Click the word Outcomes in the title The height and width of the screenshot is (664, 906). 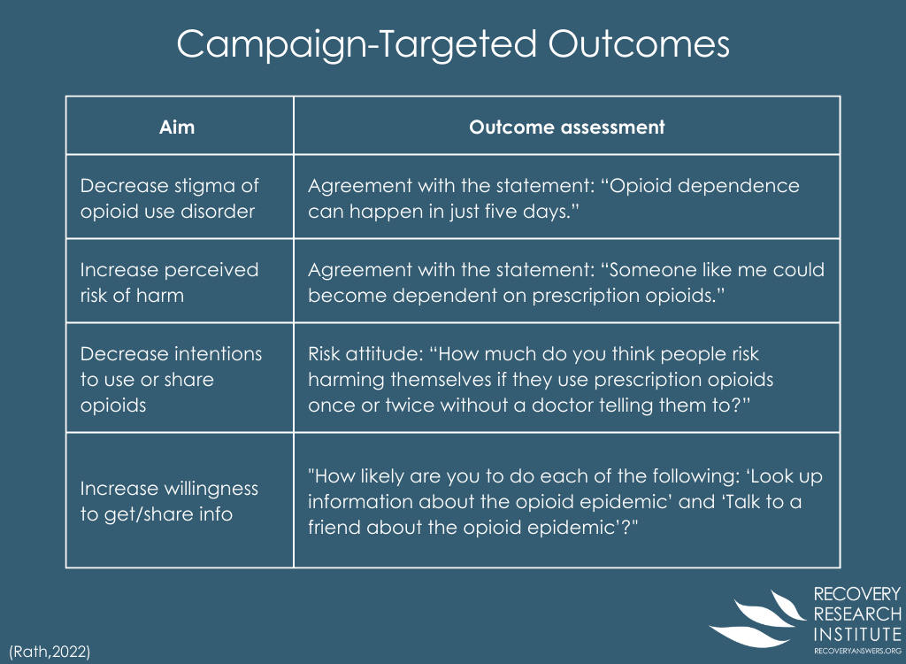coord(639,44)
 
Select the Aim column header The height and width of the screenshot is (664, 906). coord(177,127)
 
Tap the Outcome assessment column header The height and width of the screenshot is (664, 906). coord(567,127)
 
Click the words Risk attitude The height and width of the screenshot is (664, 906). coord(364,353)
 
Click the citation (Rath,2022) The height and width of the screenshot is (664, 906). coord(50,652)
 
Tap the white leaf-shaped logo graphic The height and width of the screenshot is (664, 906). coord(758,619)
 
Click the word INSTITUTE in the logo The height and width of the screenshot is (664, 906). coord(857,635)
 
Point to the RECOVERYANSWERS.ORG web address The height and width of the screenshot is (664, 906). coord(857,652)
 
